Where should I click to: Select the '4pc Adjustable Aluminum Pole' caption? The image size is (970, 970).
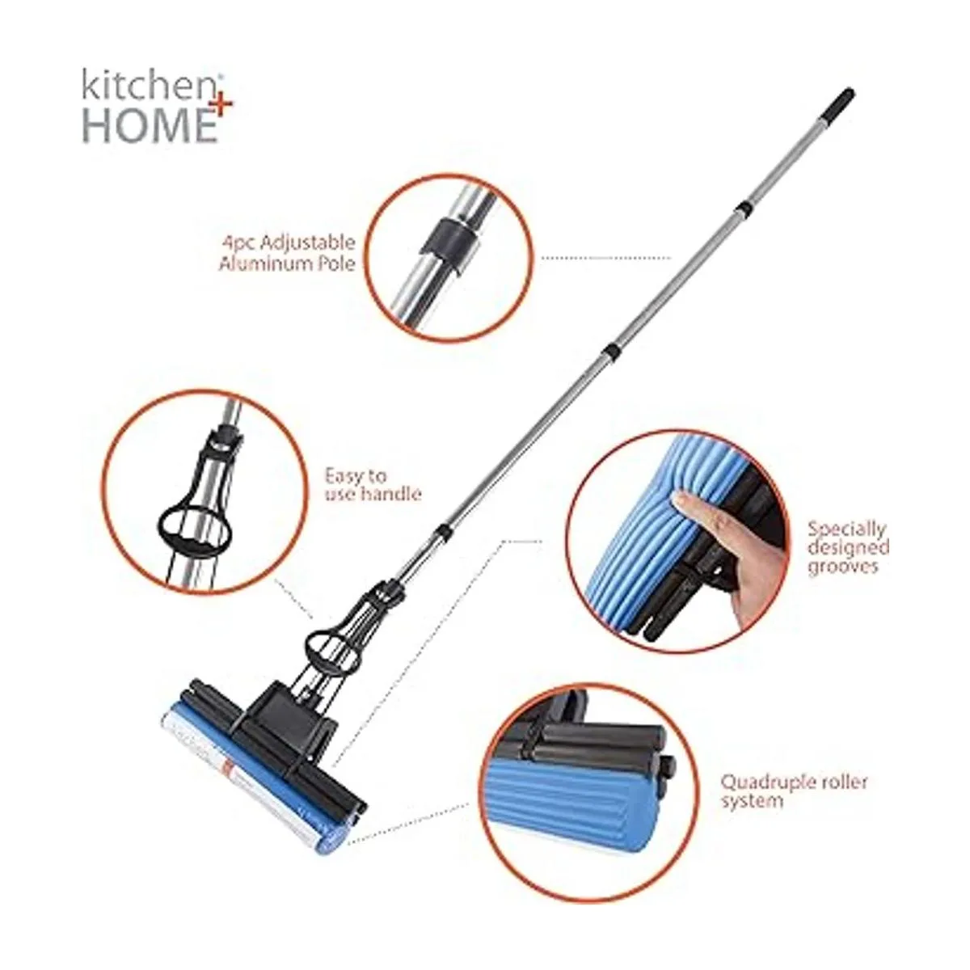[x=288, y=253]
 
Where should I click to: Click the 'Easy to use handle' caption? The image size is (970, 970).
[x=372, y=484]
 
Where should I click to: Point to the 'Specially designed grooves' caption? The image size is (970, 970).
[x=849, y=547]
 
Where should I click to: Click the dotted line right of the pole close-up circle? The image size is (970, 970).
[x=606, y=258]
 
